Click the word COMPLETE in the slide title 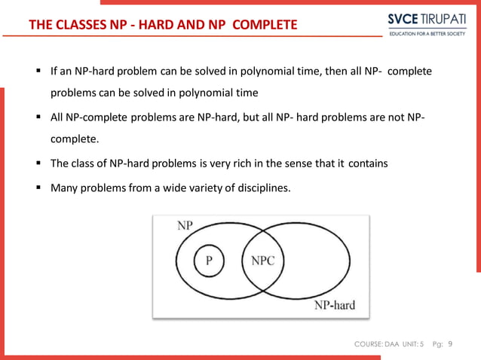[265, 26]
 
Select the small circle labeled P [209, 261]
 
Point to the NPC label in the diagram [262, 261]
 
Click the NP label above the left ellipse [185, 225]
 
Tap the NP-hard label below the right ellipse [334, 306]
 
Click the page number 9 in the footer [450, 344]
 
